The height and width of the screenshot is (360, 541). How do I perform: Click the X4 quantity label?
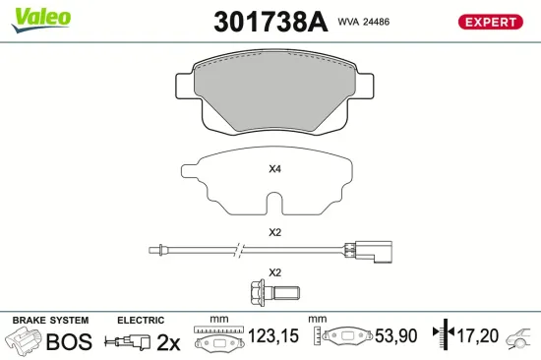tap(275, 168)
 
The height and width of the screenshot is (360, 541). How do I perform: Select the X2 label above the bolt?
tap(275, 271)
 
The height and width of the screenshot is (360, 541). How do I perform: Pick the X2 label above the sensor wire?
tap(275, 232)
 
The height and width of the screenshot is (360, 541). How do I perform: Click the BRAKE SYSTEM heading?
tap(49, 321)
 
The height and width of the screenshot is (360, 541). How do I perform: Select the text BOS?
tap(70, 341)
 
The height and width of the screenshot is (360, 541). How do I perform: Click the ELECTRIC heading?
tap(141, 321)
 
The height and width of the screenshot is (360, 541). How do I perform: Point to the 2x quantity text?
tap(168, 341)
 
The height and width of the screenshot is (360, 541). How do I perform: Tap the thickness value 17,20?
tap(478, 336)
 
